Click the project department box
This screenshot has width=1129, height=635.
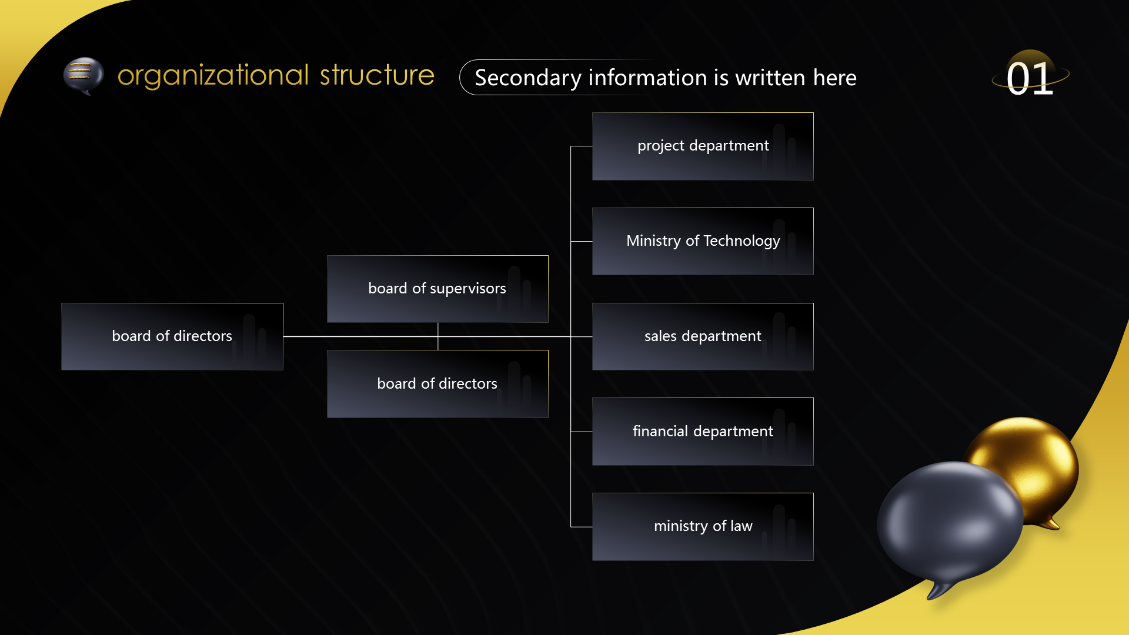pyautogui.click(x=703, y=146)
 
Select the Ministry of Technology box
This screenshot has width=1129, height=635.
pyautogui.click(x=703, y=241)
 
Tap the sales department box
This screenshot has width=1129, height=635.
pyautogui.click(x=703, y=336)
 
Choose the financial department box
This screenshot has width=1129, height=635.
pyautogui.click(x=703, y=432)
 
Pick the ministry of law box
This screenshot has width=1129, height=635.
pyautogui.click(x=703, y=527)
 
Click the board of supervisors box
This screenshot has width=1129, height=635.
pyautogui.click(x=437, y=289)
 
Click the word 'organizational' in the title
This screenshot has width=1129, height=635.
pyautogui.click(x=213, y=76)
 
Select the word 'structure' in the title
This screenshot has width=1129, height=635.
pyautogui.click(x=377, y=75)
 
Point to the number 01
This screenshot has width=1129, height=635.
pyautogui.click(x=1030, y=78)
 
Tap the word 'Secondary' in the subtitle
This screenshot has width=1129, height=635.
pyautogui.click(x=528, y=78)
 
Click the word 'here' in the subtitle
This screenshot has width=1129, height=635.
pyautogui.click(x=834, y=78)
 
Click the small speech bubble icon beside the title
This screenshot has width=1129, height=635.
pyautogui.click(x=83, y=76)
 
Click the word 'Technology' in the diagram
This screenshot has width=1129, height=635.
pyautogui.click(x=741, y=241)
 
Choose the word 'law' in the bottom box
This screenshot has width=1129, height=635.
pyautogui.click(x=741, y=526)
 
